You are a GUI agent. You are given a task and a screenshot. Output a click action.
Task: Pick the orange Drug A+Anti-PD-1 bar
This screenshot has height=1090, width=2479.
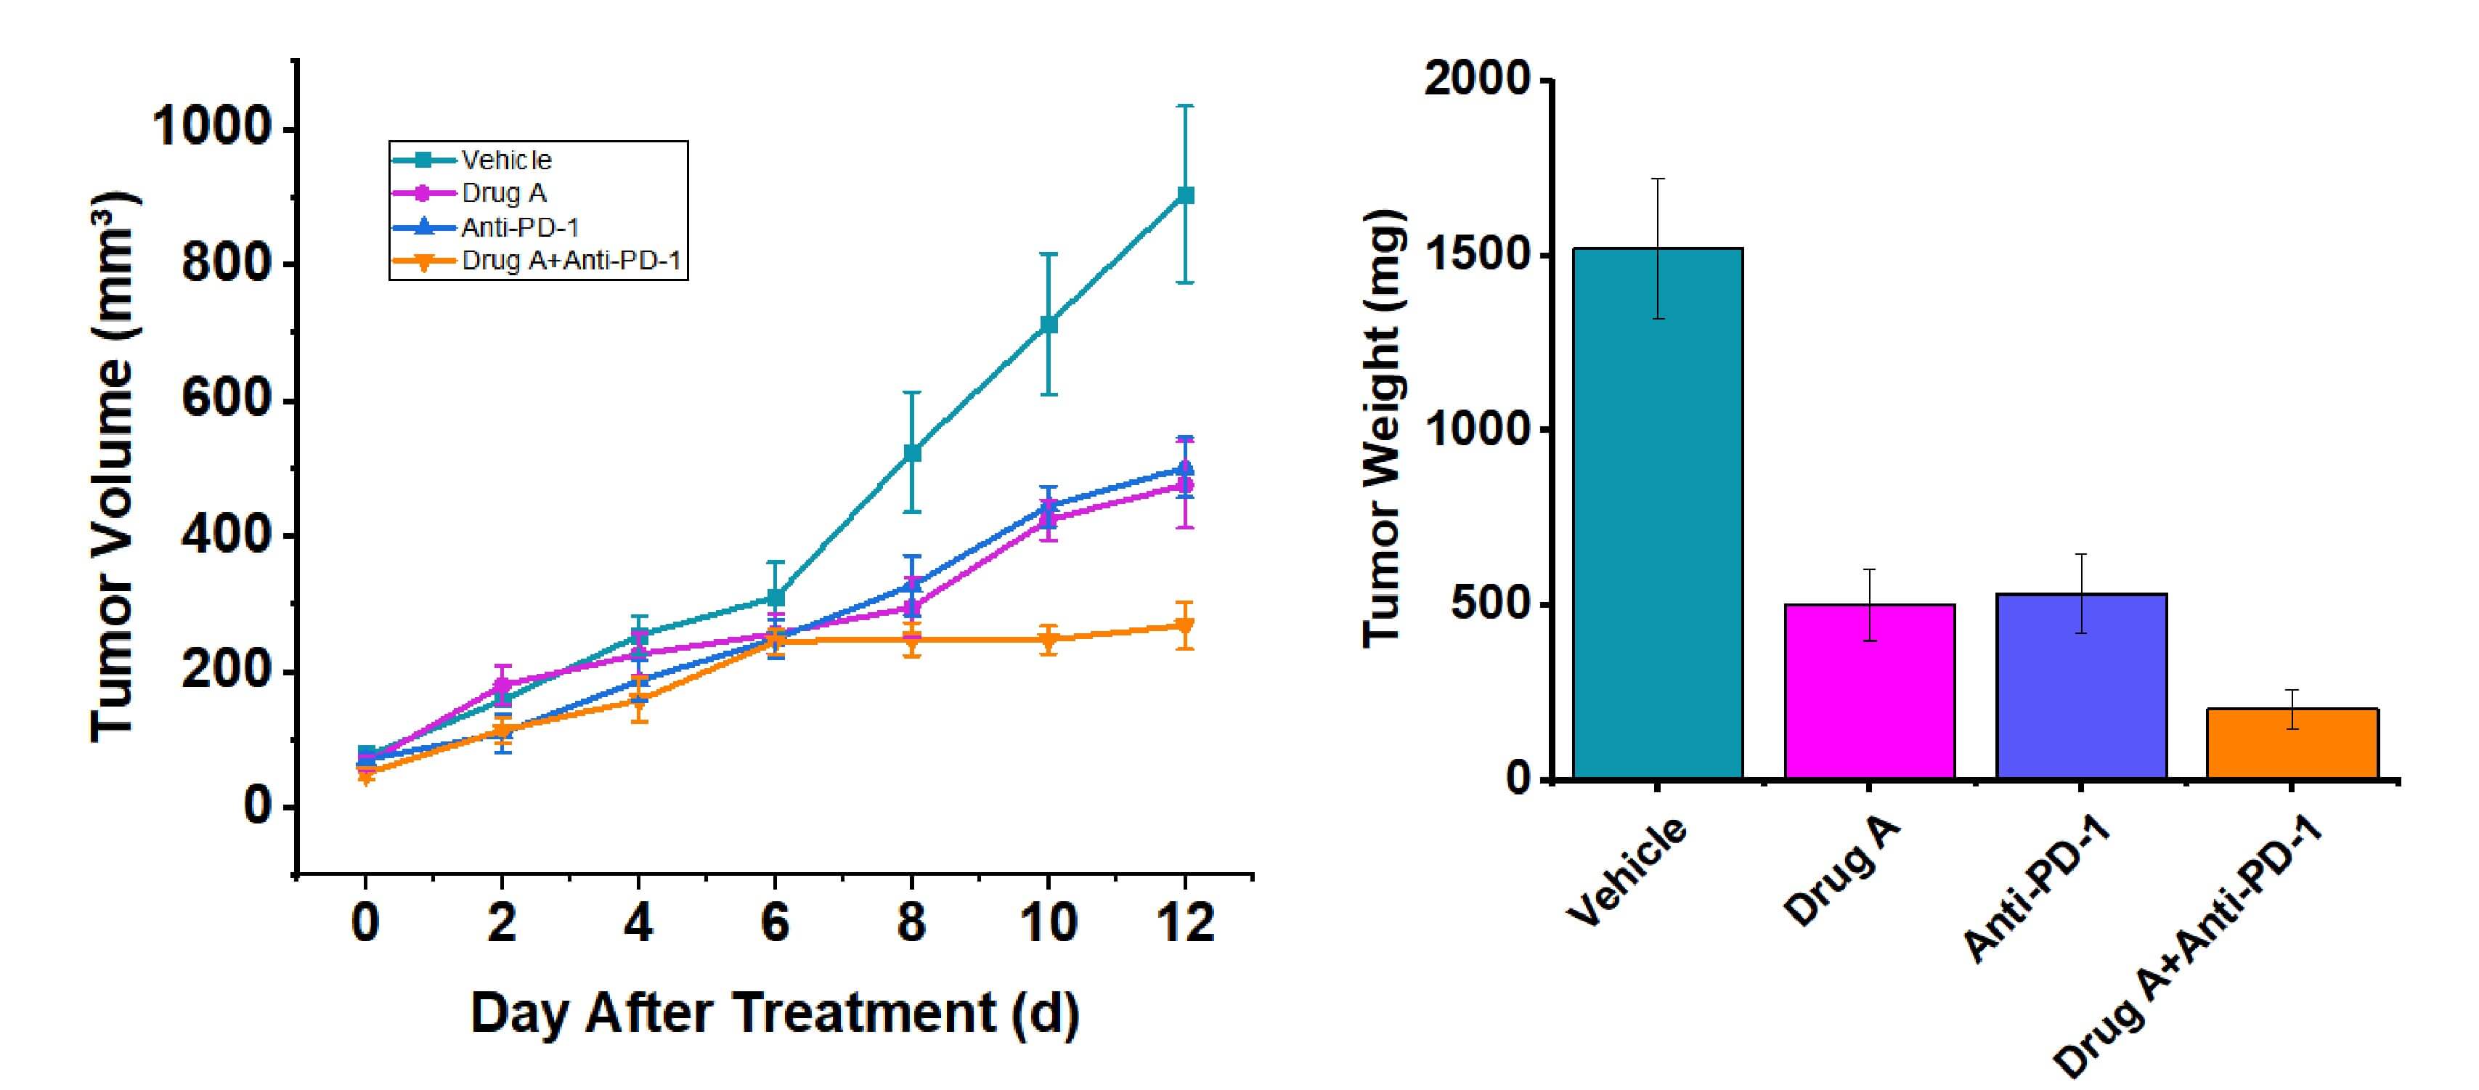pos(2292,743)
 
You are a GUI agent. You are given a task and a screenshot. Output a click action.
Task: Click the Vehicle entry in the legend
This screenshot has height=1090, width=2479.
pos(506,160)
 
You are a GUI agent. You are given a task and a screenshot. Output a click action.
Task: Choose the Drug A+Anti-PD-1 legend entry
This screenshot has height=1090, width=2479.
pos(571,261)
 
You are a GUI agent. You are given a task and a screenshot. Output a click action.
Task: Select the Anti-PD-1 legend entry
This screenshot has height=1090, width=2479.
pos(520,227)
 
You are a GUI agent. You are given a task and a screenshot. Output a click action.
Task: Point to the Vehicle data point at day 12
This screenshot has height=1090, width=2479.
pos(1186,195)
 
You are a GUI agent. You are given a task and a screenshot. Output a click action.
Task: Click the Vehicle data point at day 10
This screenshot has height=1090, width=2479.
pos(1049,324)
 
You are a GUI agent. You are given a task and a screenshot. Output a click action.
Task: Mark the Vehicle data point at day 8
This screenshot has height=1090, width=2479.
pos(912,452)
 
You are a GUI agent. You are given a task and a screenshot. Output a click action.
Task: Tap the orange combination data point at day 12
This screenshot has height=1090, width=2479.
pos(1186,626)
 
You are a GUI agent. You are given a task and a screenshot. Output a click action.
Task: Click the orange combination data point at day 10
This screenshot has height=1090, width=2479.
pos(1049,639)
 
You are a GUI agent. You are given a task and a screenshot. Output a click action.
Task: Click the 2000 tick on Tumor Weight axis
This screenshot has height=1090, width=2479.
pos(1476,79)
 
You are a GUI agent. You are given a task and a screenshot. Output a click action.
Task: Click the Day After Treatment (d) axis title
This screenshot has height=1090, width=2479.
pos(775,1013)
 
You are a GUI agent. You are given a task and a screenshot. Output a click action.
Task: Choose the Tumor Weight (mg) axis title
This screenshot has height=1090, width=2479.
pos(1384,428)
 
